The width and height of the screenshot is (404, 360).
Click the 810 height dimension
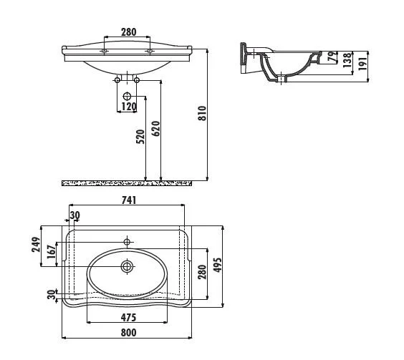coord(202,112)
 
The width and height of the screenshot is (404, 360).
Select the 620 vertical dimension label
coord(155,129)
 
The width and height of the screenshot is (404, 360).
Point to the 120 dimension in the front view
coord(128,107)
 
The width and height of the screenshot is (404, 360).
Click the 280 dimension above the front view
coord(129,32)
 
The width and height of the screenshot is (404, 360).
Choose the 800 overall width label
coord(128,332)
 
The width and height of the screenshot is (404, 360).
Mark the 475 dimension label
coord(128,317)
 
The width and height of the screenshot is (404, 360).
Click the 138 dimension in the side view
coord(347,60)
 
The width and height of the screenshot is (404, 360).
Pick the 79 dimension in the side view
coord(332,57)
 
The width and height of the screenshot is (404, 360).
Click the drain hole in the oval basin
coord(128,266)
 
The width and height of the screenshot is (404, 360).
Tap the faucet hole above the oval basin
coord(128,240)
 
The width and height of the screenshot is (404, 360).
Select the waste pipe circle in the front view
coord(128,96)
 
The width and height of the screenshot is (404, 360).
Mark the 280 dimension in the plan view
coord(202,271)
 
